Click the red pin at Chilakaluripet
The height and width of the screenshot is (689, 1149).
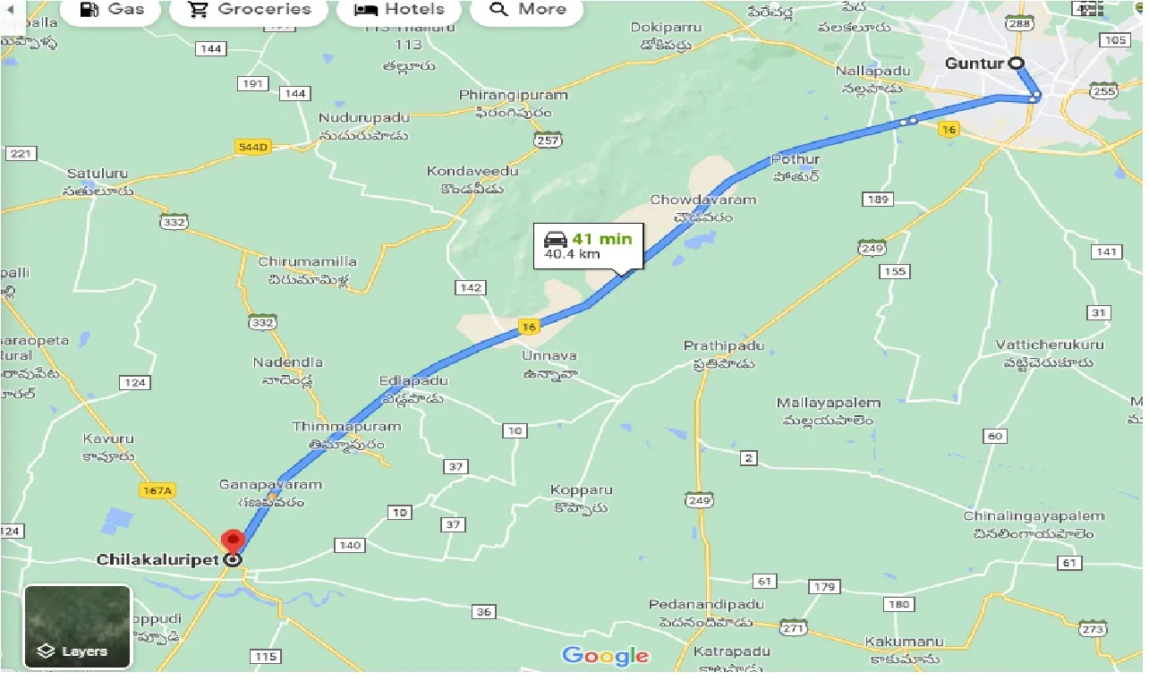click(234, 540)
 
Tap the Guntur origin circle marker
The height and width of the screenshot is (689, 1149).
click(1017, 64)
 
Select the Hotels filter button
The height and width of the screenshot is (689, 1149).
click(399, 10)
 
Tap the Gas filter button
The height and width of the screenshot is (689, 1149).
click(112, 10)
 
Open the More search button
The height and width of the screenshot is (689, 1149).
click(528, 10)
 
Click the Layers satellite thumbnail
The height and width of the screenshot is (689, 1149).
click(78, 626)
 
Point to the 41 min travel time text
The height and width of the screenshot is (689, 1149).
click(602, 238)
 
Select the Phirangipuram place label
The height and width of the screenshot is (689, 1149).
click(513, 95)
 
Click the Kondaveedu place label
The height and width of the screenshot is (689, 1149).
click(460, 171)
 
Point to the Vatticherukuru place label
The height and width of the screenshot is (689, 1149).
click(1050, 344)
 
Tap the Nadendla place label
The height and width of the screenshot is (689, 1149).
click(287, 362)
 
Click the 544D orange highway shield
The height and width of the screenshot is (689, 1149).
click(252, 147)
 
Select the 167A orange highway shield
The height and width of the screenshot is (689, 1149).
click(157, 490)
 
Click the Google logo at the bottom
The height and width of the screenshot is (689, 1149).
click(606, 656)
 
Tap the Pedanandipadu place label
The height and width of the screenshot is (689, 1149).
click(707, 605)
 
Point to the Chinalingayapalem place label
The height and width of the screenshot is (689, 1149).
click(1034, 516)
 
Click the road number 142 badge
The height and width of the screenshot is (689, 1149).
click(470, 288)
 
